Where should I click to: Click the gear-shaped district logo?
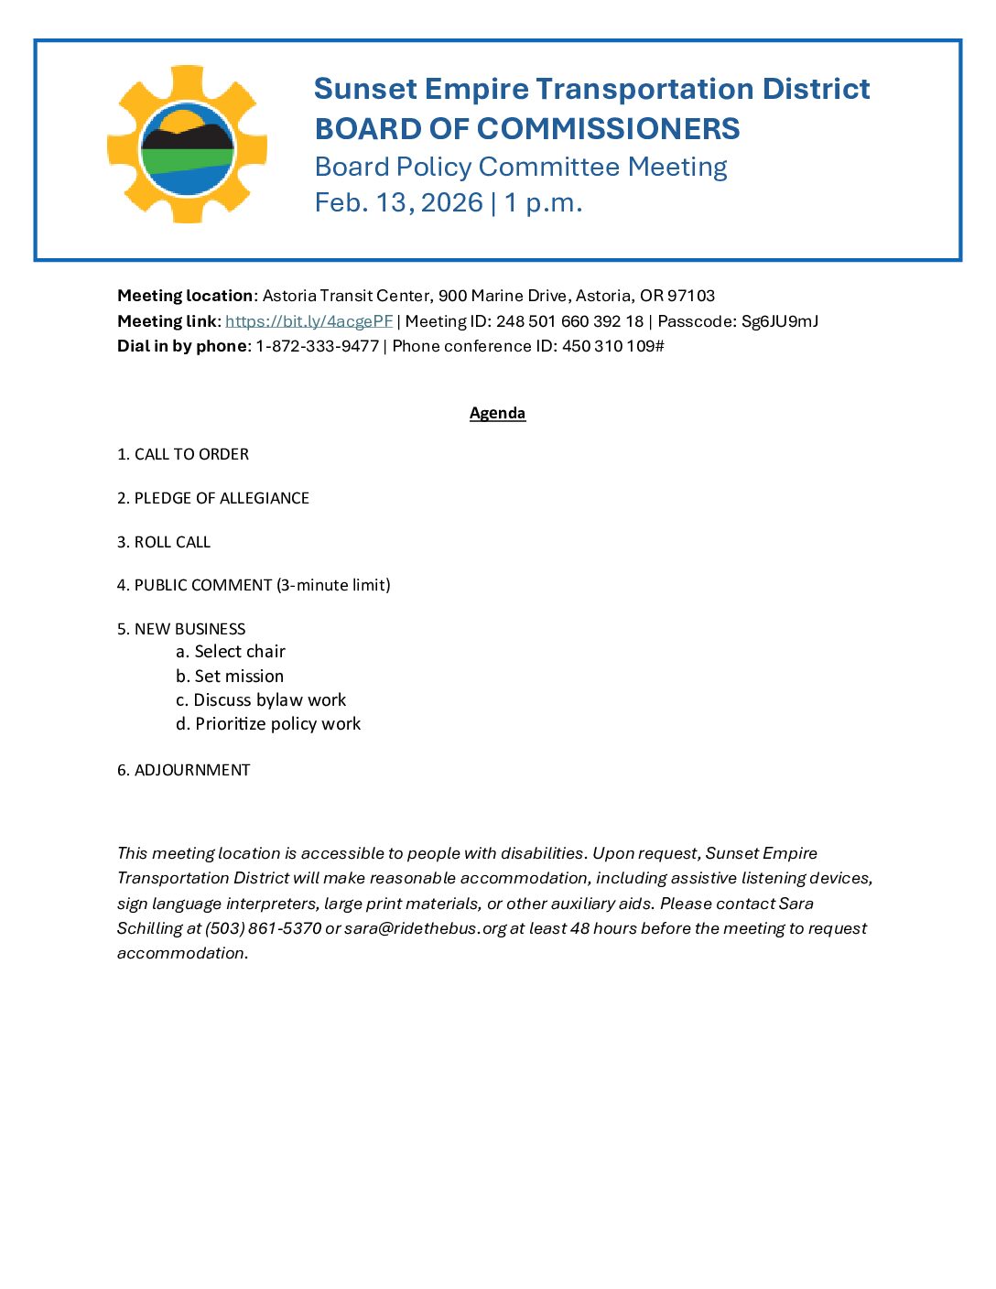187,145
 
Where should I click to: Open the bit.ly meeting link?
309,321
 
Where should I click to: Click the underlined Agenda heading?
497,413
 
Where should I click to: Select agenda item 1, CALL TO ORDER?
183,454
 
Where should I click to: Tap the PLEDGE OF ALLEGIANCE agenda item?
213,498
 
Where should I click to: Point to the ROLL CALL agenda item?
164,542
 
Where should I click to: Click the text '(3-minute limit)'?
333,585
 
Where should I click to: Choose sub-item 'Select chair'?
231,652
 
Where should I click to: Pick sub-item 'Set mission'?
230,677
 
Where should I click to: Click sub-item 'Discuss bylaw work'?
261,700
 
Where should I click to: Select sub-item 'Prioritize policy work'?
268,724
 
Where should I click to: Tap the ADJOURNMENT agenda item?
184,770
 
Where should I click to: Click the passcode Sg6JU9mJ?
780,321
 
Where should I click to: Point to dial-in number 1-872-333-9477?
317,346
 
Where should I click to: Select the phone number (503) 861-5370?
264,928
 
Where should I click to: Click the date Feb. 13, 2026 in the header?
399,202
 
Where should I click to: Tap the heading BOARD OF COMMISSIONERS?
527,129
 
